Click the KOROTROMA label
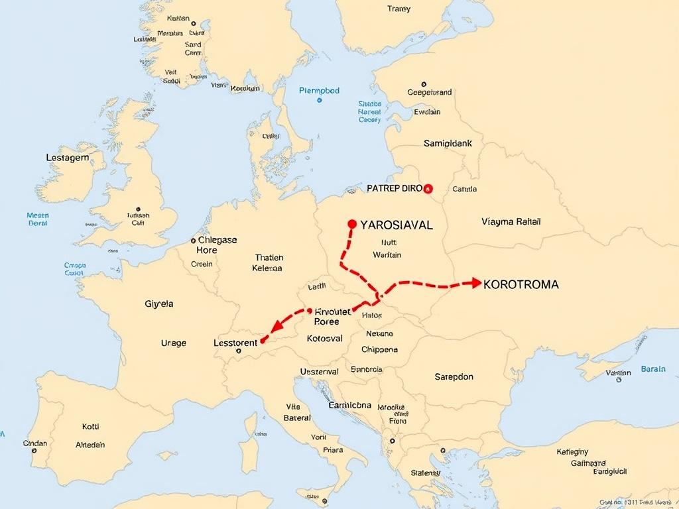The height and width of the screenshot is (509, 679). (521, 284)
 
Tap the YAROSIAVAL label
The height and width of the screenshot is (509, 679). (396, 225)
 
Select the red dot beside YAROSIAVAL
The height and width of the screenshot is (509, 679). (352, 224)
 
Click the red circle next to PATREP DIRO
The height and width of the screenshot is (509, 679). (428, 188)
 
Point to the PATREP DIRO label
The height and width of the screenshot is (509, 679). (394, 188)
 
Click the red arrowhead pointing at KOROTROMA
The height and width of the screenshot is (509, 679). (475, 283)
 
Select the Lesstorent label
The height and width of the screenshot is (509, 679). (235, 343)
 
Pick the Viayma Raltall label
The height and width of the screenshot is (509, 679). (511, 221)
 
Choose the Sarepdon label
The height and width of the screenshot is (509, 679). (454, 376)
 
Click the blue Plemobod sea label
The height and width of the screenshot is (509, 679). (319, 91)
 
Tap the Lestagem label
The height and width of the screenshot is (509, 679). (68, 158)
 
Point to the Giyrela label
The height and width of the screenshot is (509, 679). (158, 304)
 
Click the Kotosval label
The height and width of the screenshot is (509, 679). (325, 338)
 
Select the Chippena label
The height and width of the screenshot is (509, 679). (379, 349)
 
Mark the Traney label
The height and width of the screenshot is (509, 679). (399, 9)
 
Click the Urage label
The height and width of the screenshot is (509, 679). (174, 343)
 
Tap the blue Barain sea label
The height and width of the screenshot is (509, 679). (652, 369)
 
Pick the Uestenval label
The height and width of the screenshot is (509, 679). (319, 372)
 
